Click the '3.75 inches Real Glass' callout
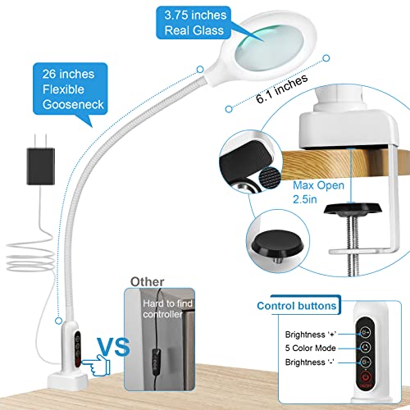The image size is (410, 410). [x=194, y=23]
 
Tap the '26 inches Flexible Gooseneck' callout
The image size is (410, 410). [x=70, y=89]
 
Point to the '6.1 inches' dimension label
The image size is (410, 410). [x=282, y=89]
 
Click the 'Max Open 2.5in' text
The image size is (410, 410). [x=318, y=192]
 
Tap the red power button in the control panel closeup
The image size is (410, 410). [x=365, y=377]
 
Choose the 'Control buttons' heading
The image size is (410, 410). [x=297, y=306]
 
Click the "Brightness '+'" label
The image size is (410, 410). [x=311, y=335]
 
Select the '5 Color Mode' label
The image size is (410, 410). [x=310, y=348]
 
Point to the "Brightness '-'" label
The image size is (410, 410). [x=309, y=362]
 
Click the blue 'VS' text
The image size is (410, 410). [x=113, y=347]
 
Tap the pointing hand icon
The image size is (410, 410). [x=96, y=365]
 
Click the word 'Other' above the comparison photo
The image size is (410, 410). [x=148, y=282]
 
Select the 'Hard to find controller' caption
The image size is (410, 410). [x=167, y=309]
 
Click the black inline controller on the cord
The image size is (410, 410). [x=156, y=360]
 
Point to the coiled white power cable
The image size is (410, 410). [x=30, y=257]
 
